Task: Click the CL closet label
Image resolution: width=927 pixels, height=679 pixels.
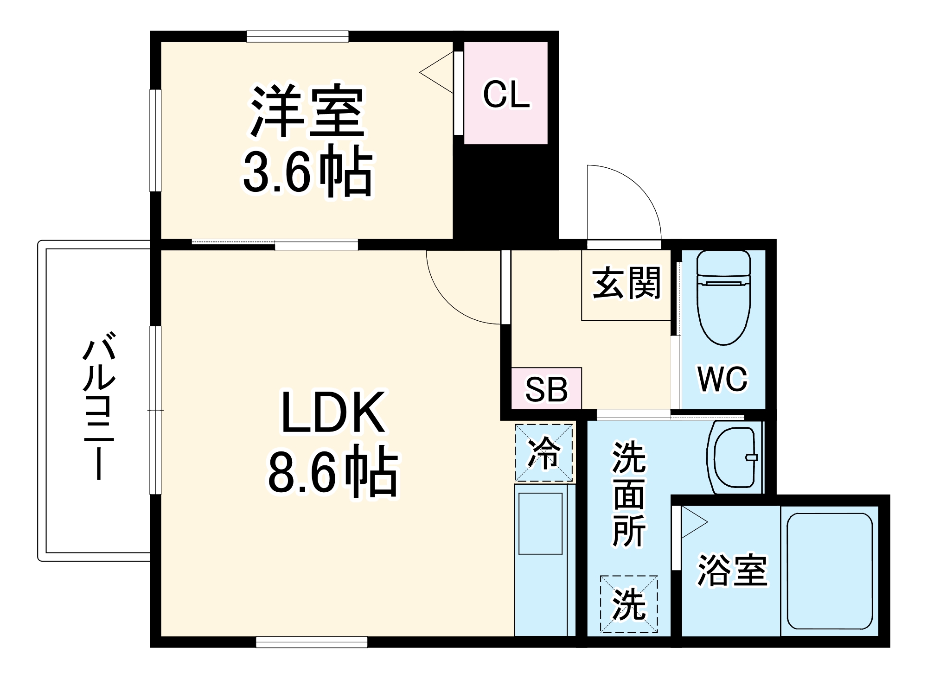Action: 506,95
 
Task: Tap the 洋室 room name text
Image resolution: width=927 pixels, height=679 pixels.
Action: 307,112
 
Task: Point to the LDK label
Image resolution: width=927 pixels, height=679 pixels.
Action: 332,413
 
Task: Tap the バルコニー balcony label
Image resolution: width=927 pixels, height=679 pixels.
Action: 99,405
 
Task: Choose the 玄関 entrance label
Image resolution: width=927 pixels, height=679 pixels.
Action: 626,283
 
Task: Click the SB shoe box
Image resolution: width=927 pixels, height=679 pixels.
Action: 546,389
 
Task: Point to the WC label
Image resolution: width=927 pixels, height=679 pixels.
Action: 722,379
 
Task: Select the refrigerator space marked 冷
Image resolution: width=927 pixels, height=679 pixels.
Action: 543,453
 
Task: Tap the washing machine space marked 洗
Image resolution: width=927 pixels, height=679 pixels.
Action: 629,604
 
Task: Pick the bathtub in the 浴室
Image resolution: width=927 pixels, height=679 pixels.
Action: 830,571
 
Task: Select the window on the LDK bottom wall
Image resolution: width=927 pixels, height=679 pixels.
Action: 312,642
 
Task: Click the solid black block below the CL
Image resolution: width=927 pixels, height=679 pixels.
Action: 505,192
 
